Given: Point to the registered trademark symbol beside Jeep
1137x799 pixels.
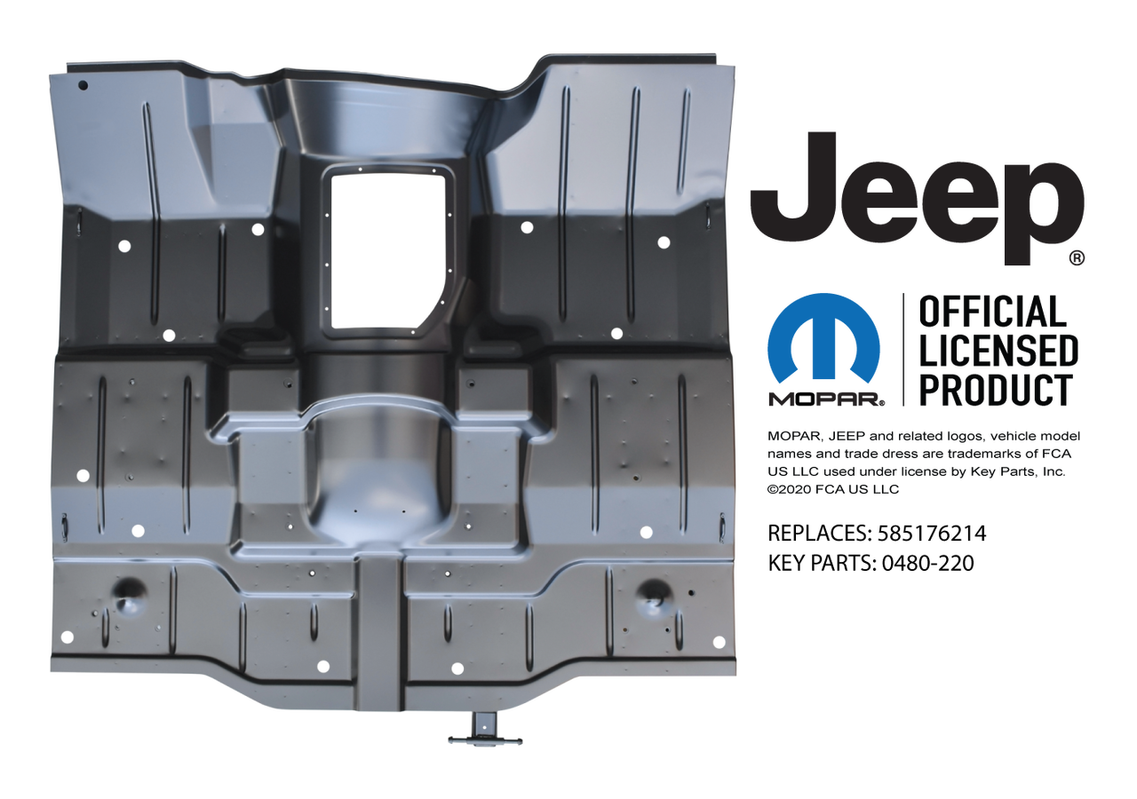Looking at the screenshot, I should [x=1076, y=257].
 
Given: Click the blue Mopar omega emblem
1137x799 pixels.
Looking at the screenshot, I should [x=824, y=341].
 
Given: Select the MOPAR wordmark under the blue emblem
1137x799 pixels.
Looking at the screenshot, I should [x=826, y=401].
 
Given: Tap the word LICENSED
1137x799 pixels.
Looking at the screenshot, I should [x=996, y=352].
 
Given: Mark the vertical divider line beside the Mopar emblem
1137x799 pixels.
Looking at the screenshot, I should [x=902, y=350].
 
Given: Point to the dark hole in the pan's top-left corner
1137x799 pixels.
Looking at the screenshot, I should [x=83, y=85].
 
